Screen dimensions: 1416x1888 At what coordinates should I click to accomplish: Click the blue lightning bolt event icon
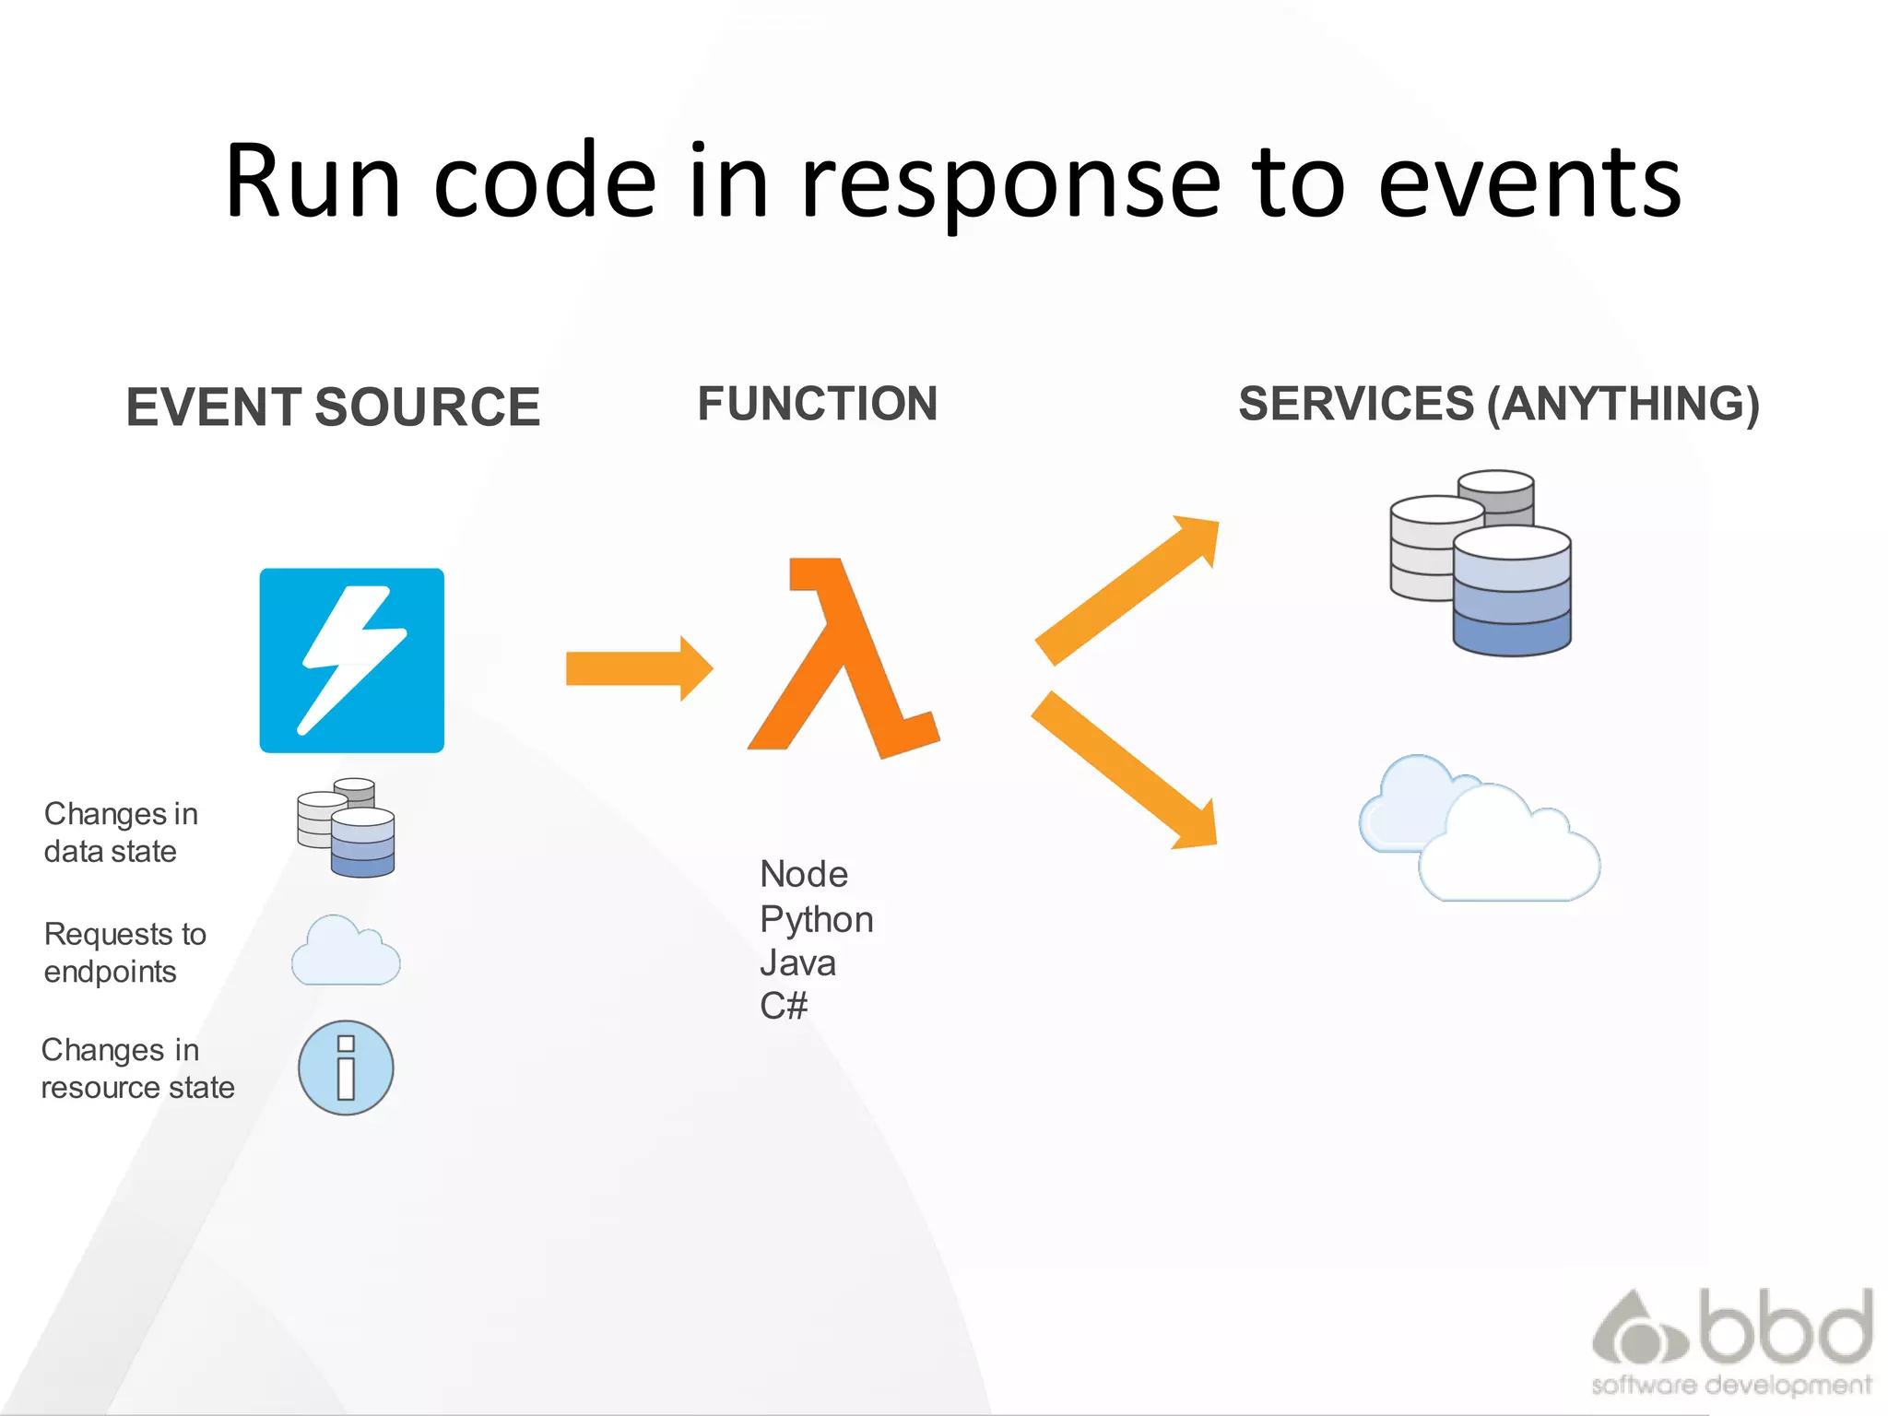pos(351,660)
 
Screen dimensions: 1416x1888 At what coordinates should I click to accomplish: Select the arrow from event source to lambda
pos(638,668)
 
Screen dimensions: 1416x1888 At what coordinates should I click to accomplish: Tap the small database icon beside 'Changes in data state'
pos(347,828)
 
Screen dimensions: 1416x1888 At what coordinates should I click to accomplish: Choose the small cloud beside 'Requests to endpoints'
pos(346,951)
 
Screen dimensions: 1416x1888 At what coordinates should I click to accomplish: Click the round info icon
pos(346,1068)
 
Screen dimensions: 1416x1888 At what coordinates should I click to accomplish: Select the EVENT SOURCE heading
pos(333,407)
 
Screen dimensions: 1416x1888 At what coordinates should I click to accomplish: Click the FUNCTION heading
pos(817,404)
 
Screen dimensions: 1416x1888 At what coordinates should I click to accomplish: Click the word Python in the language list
pos(816,919)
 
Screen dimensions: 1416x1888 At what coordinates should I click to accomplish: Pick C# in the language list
pos(784,1006)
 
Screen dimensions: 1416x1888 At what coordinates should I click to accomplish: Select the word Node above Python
pos(804,874)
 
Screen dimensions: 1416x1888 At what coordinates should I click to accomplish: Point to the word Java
pos(797,962)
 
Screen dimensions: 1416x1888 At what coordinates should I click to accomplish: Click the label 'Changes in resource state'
pos(138,1068)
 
